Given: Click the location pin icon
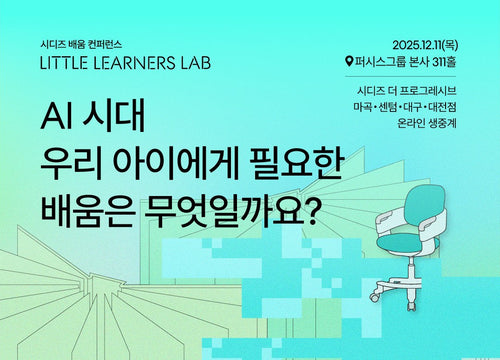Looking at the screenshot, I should point(348,61).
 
